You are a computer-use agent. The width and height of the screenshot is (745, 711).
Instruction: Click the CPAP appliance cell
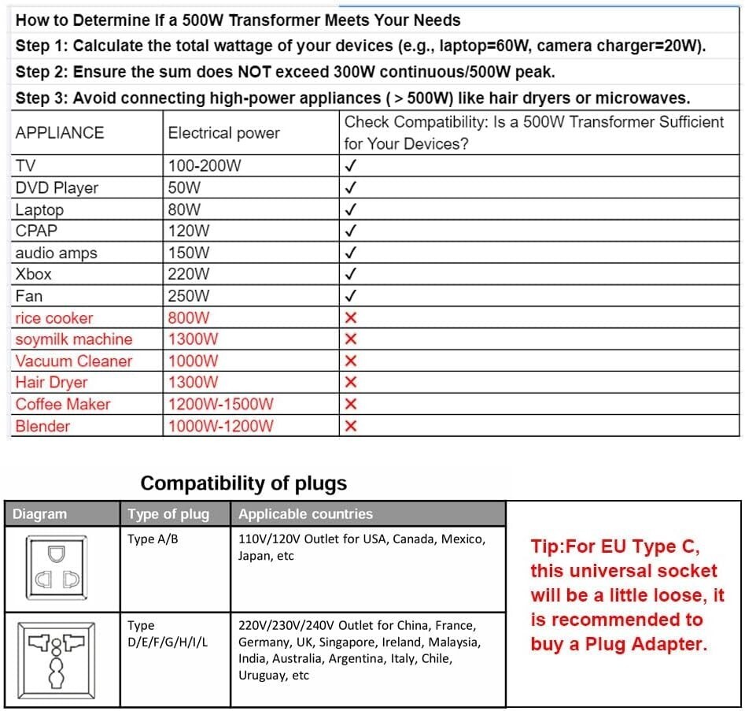pyautogui.click(x=36, y=231)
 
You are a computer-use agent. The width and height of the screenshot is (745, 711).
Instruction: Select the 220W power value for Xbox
pyautogui.click(x=189, y=275)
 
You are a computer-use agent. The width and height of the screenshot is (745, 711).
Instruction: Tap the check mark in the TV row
pyautogui.click(x=351, y=166)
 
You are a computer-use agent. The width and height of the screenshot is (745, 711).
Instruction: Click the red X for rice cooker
pyautogui.click(x=351, y=318)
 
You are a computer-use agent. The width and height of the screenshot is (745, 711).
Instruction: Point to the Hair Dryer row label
pyautogui.click(x=51, y=383)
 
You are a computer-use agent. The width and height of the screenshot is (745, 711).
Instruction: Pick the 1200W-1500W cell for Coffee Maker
pyautogui.click(x=220, y=405)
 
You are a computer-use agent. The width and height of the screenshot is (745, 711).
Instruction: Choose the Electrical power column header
pyautogui.click(x=223, y=133)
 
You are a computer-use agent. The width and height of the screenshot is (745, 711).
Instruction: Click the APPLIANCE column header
pyautogui.click(x=60, y=133)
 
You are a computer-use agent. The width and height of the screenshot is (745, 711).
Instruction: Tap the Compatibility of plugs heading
pyautogui.click(x=243, y=483)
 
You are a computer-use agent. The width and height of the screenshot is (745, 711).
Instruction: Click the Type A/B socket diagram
pyautogui.click(x=57, y=567)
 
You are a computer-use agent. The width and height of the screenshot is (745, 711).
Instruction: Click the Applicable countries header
pyautogui.click(x=305, y=514)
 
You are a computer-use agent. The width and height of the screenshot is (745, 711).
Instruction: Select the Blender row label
pyautogui.click(x=42, y=427)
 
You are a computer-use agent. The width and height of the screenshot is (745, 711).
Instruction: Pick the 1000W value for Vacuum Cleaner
pyautogui.click(x=194, y=361)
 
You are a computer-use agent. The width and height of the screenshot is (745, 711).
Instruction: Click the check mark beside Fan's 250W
pyautogui.click(x=351, y=297)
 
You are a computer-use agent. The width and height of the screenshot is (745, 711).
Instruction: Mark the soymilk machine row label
pyautogui.click(x=74, y=339)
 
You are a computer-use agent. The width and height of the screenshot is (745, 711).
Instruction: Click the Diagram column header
pyautogui.click(x=40, y=514)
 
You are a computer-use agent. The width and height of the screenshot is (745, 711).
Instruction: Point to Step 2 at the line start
pyautogui.click(x=41, y=72)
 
